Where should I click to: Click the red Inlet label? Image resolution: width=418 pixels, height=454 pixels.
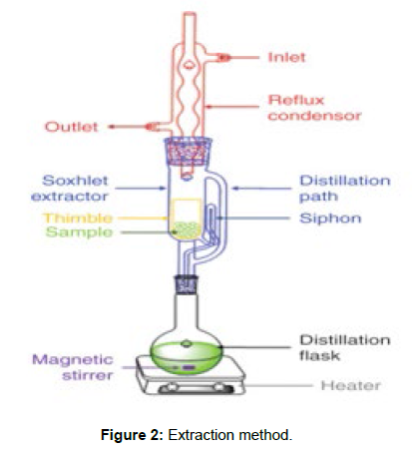coord(286,57)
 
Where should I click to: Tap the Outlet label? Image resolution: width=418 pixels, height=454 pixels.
coord(71,127)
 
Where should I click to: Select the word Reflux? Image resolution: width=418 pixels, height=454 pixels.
coord(295,100)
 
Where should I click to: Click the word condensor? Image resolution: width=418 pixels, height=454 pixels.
coord(314,116)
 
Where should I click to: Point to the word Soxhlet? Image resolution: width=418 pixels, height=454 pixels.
coord(75,181)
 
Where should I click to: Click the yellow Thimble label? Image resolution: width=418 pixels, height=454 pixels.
coord(78,218)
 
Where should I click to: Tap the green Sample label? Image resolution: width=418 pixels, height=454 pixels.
coord(79,232)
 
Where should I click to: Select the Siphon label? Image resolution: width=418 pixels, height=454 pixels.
coord(330,219)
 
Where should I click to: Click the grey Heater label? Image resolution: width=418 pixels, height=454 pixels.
coord(351,386)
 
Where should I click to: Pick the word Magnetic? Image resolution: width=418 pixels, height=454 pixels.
coord(73,360)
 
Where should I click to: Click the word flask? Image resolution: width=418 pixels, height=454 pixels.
coord(319,355)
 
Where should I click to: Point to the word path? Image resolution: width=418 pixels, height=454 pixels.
coord(318,197)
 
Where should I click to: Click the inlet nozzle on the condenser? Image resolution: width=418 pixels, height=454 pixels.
coord(223,58)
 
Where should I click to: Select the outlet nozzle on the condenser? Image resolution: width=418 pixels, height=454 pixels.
coord(153,127)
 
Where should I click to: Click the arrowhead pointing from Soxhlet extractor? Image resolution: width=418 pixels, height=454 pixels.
coord(163,189)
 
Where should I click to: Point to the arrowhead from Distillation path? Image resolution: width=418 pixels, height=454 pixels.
coord(234,189)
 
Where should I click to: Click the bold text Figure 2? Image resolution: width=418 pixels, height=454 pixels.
coord(132,435)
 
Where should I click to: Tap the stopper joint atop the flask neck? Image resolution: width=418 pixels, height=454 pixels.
coord(187,284)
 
